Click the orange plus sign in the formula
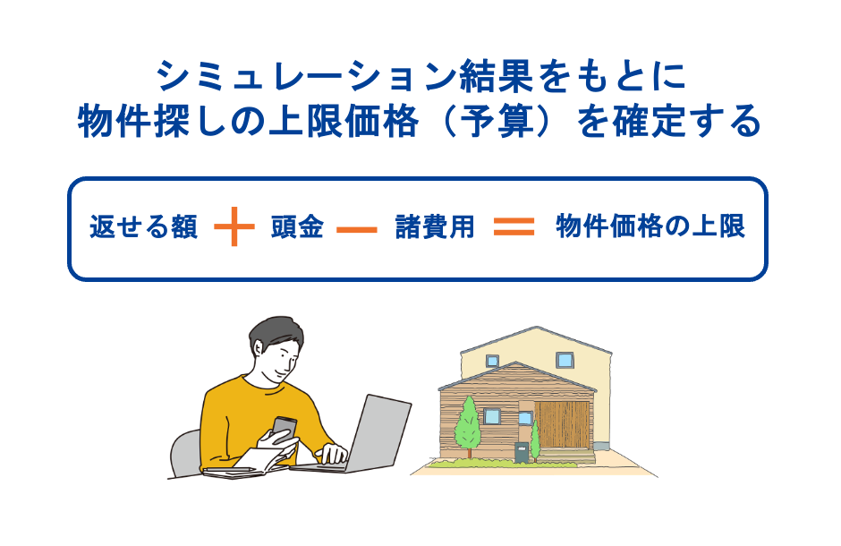pos(234,227)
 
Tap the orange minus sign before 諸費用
pos(357,229)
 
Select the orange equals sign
pos(514,227)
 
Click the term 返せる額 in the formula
pos(143,227)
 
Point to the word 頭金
pos(296,227)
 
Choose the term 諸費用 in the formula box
pos(435,227)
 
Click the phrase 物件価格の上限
pos(650,227)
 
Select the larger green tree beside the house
pos(467,423)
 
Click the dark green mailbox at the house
pos(519,453)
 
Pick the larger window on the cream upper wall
pos(565,360)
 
